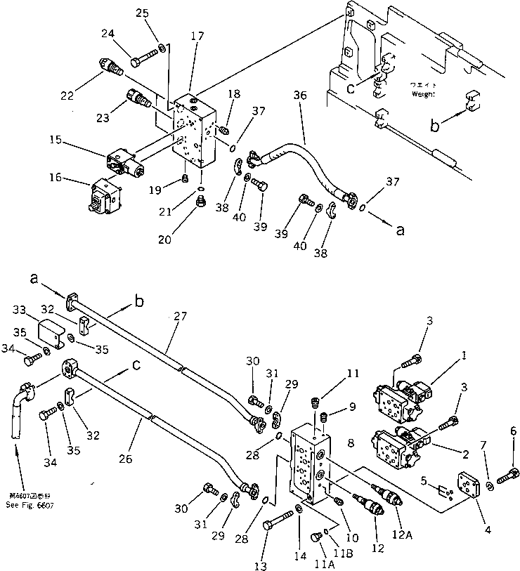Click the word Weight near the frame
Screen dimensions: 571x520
coord(424,93)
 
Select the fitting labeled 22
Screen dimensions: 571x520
coord(110,67)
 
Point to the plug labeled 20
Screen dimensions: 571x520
coord(201,203)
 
